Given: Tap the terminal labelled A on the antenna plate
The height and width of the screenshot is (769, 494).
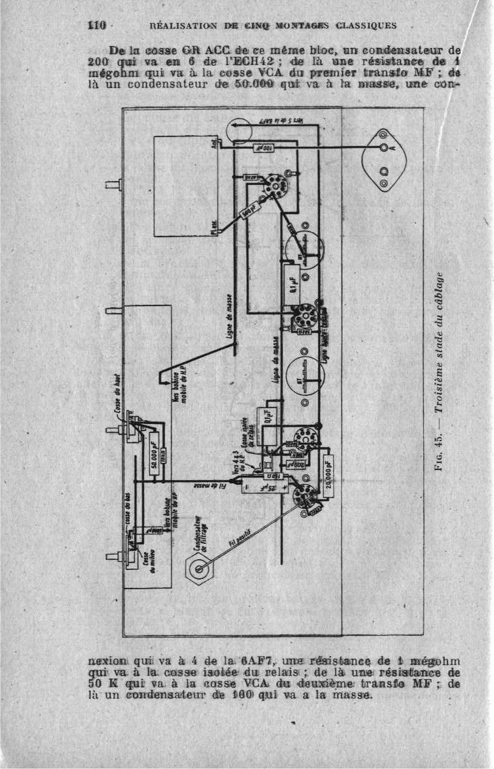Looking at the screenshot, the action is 384,148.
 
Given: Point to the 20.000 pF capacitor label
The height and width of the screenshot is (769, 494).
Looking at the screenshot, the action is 328,474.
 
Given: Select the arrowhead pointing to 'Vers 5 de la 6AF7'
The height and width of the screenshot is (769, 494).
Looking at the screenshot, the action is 234,126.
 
